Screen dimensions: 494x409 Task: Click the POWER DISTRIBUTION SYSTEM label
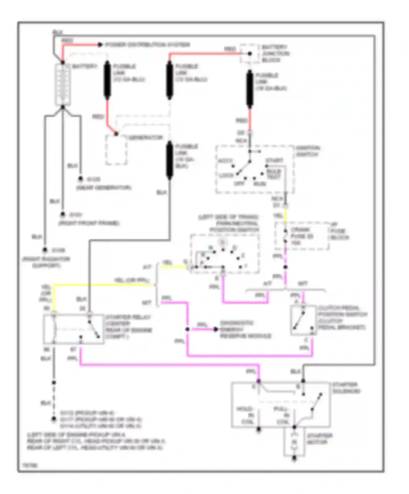pos(148,45)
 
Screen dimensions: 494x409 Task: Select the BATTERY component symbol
pos(63,84)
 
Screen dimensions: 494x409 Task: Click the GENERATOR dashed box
pos(116,150)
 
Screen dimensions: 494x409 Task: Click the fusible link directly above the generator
pos(107,80)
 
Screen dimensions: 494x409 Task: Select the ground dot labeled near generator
pos(80,179)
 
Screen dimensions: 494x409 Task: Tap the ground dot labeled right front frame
pos(63,215)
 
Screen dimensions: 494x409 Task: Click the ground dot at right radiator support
pos(45,250)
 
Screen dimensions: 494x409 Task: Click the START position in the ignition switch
pos(274,160)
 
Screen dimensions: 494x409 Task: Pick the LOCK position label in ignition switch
pos(226,175)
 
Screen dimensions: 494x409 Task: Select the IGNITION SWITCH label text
pos(308,151)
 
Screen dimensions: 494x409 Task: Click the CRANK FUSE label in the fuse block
pos(302,236)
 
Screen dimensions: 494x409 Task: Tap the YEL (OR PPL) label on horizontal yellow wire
pos(131,280)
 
